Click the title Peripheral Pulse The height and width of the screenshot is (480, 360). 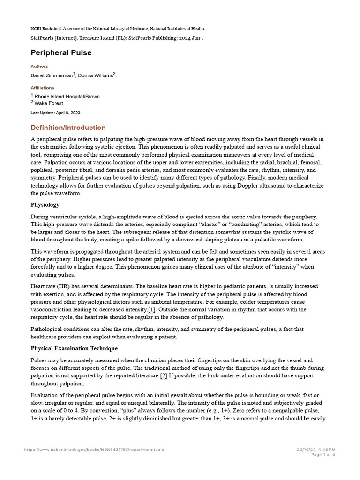pos(61,53)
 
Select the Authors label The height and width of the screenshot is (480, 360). pos(39,67)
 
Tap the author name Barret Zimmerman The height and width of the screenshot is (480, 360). pos(51,75)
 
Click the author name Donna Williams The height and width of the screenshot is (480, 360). pos(96,75)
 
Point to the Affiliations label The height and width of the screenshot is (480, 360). pos(42,88)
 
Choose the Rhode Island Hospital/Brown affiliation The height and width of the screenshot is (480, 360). pos(67,97)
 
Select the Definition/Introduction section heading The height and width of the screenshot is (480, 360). pos(68,127)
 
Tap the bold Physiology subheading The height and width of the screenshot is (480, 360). pos(45,205)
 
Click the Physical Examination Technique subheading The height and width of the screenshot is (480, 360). pos(74,348)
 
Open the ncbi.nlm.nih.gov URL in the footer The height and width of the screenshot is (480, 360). pos(94,450)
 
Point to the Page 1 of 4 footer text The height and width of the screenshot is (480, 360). pos(323,454)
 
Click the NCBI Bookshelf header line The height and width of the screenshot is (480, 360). pos(118,29)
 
